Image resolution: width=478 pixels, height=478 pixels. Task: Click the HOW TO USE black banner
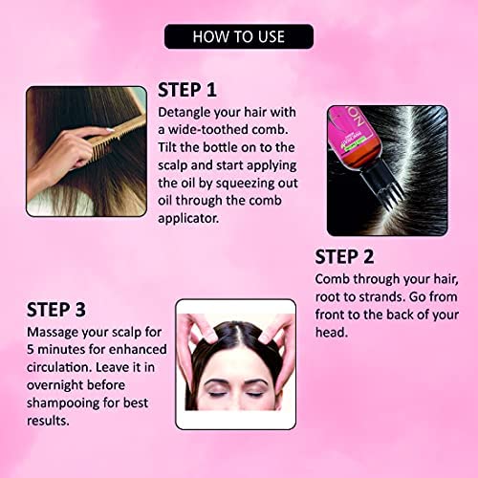pos(239,36)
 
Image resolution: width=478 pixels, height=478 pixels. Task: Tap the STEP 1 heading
pos(187,90)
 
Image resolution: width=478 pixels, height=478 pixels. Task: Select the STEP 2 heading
pos(344,257)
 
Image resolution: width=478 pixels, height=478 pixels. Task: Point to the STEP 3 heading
pos(56,310)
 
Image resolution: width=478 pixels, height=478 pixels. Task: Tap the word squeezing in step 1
pos(245,184)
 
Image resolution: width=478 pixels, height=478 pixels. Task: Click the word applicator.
pos(188,219)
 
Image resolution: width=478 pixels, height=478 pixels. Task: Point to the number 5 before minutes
pos(31,350)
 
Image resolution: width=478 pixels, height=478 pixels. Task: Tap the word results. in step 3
pos(48,421)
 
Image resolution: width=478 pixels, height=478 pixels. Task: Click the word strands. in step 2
pos(382,297)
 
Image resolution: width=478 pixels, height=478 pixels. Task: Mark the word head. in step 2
pos(332,333)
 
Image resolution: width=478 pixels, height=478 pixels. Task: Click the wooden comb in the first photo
pos(116,138)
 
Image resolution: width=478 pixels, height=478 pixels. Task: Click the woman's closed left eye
pos(255,394)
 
